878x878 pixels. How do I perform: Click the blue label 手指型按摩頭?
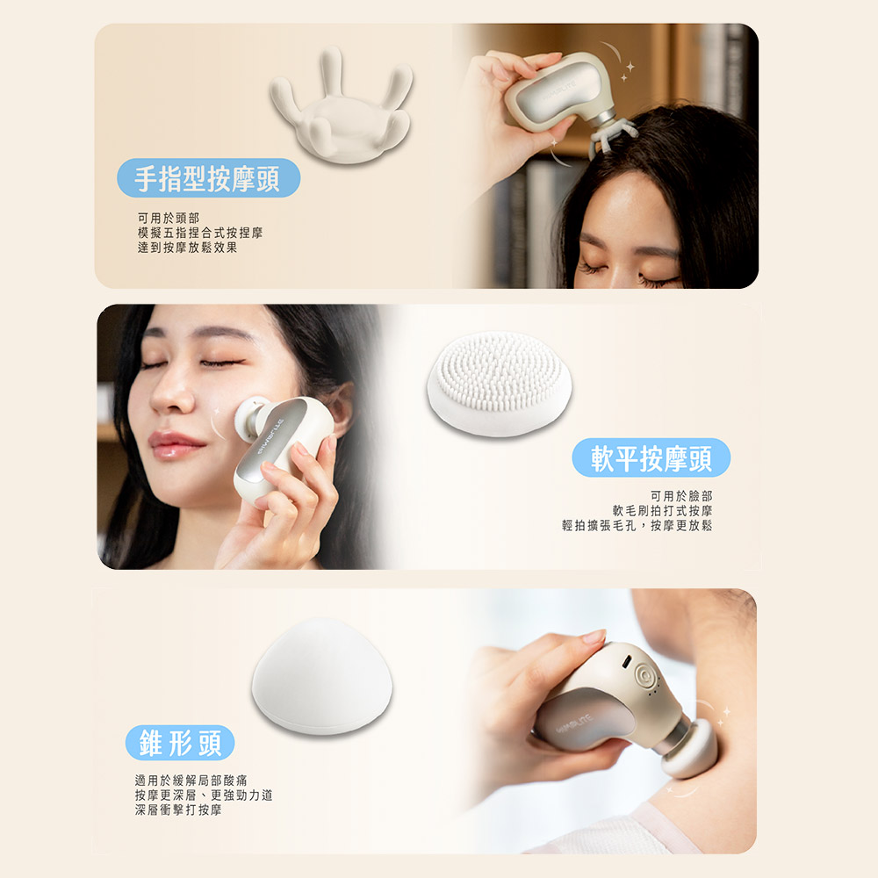[x=208, y=178]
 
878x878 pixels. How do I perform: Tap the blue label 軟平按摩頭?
[x=651, y=458]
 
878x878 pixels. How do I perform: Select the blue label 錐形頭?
[x=180, y=743]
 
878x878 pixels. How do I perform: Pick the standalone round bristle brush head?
[x=500, y=384]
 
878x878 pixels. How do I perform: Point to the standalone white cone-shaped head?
[x=322, y=676]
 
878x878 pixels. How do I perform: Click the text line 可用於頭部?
[x=169, y=218]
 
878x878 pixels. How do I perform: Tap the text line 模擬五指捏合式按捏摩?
[x=200, y=233]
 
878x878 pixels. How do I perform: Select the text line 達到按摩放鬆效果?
[x=188, y=248]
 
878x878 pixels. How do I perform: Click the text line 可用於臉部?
[x=681, y=495]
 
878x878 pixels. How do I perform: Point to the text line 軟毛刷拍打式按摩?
[x=662, y=511]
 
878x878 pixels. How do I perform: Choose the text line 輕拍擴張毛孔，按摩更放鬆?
[x=637, y=525]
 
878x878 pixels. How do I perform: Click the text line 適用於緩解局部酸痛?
[x=191, y=780]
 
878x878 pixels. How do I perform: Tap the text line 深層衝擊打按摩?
[x=178, y=810]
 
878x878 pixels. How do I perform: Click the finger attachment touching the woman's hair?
[x=612, y=137]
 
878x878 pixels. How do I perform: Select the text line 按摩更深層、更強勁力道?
[x=204, y=795]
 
